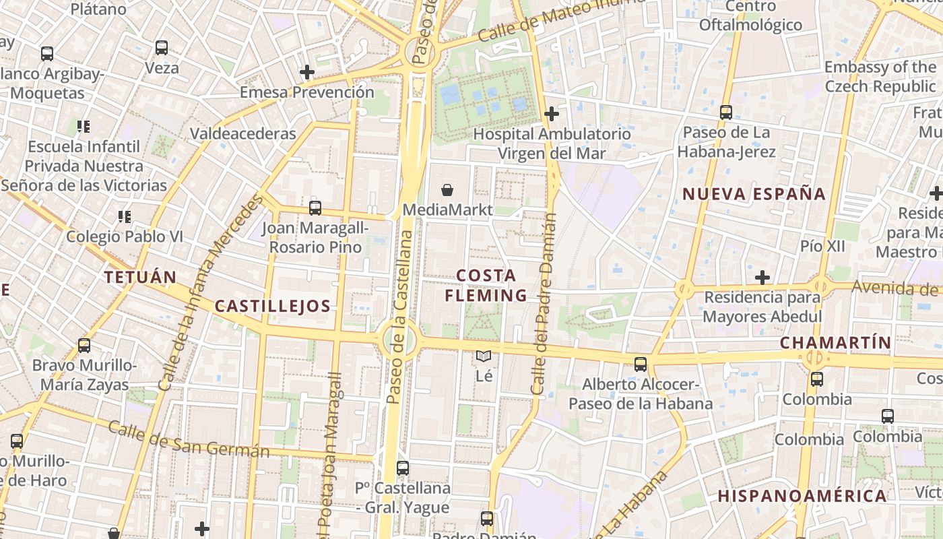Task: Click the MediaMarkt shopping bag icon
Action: click(447, 191)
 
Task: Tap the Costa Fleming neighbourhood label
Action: click(486, 285)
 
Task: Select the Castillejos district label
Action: click(272, 306)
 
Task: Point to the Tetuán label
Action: click(140, 277)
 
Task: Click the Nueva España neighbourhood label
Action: click(754, 194)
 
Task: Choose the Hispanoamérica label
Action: click(802, 496)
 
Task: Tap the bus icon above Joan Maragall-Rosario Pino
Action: click(315, 208)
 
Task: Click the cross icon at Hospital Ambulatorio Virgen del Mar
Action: click(552, 114)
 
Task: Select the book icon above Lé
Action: click(484, 356)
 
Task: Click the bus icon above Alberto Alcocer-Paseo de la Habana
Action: click(641, 364)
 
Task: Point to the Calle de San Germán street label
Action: click(189, 439)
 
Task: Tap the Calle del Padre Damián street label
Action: click(543, 305)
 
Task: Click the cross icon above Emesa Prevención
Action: click(307, 71)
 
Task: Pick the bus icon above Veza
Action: click(162, 48)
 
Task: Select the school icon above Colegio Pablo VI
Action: click(124, 216)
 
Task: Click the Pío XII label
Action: click(822, 246)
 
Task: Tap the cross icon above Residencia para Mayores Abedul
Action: click(762, 277)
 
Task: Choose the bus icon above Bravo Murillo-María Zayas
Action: click(84, 346)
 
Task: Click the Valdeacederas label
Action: click(242, 133)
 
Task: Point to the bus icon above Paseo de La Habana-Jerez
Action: click(726, 113)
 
